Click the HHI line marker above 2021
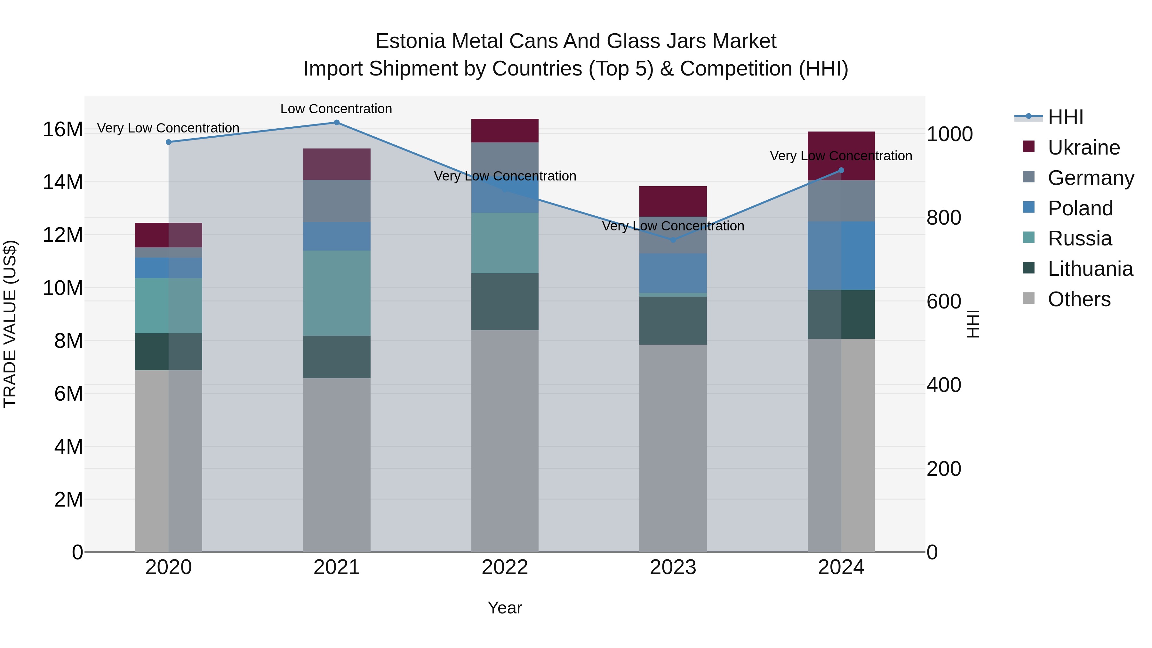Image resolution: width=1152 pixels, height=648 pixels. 337,123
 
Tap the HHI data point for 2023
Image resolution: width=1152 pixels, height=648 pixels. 673,240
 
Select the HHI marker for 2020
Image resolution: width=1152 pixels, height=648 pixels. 169,142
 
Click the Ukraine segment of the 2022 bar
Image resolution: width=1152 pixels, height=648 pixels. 505,131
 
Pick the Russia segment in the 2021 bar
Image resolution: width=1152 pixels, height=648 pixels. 337,293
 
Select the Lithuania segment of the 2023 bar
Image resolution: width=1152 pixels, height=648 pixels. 673,320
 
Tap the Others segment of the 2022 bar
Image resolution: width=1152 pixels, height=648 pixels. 505,441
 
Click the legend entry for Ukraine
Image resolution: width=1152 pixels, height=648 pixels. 1084,148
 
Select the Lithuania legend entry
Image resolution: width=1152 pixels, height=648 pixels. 1090,269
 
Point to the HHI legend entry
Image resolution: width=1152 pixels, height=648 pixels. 1065,117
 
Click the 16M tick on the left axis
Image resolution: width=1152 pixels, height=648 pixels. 63,130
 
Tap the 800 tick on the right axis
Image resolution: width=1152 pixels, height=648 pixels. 944,218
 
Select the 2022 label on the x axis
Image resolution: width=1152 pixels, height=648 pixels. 505,567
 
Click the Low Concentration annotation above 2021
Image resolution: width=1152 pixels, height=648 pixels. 336,109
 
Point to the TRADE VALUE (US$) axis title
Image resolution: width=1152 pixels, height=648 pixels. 10,324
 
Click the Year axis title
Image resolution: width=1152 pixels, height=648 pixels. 505,608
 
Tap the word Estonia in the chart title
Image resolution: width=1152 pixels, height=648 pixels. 410,41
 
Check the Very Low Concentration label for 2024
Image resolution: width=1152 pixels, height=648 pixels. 841,156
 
